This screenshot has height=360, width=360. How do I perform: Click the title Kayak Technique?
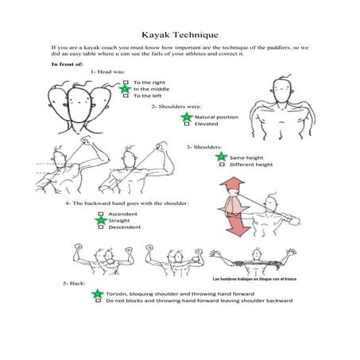[x=180, y=35]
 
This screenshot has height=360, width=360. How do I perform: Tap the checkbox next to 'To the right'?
[x=126, y=83]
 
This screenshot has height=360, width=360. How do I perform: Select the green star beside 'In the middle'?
[x=126, y=89]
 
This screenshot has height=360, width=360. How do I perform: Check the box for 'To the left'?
[x=126, y=96]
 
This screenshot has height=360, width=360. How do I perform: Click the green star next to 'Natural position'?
[x=186, y=117]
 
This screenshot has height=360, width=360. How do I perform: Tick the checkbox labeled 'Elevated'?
[x=186, y=124]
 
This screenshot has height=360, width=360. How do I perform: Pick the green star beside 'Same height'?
[x=221, y=157]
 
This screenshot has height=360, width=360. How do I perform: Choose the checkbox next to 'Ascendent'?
[x=101, y=214]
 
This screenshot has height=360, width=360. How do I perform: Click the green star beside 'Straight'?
[x=101, y=220]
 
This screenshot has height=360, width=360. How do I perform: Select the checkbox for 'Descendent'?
[x=101, y=227]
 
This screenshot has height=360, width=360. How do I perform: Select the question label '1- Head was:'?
[x=108, y=72]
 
